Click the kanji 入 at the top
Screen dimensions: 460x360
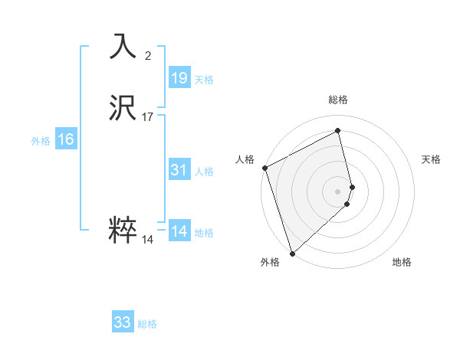(123, 46)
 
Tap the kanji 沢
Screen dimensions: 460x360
(123, 108)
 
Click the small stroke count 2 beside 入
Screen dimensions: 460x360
(148, 55)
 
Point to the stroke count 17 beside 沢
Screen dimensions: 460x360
(148, 117)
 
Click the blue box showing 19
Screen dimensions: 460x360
(179, 78)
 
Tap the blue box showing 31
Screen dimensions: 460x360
(179, 170)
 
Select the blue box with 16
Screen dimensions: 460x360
(66, 139)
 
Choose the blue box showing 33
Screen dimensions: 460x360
(123, 322)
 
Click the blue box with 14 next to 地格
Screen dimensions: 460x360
(179, 231)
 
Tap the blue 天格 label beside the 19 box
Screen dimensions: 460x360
(204, 80)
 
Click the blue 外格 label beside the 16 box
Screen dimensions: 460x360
(41, 141)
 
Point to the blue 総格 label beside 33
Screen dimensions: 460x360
(147, 324)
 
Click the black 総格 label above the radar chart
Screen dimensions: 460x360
(338, 100)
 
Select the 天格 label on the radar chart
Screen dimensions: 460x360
(431, 159)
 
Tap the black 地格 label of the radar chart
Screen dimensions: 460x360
(402, 262)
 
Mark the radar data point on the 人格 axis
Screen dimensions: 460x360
(264, 168)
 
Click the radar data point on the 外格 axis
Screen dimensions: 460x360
(291, 254)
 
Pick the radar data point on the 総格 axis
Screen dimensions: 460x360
(338, 131)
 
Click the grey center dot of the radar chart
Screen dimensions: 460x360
(338, 191)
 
